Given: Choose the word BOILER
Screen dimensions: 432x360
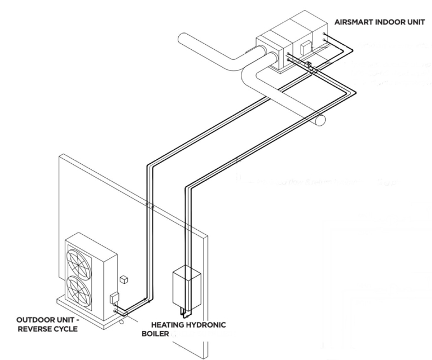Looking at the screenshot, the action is click(x=155, y=334).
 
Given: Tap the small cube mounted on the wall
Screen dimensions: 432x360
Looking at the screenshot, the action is click(x=124, y=280).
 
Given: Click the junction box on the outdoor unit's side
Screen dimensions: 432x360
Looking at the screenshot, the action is click(x=114, y=298).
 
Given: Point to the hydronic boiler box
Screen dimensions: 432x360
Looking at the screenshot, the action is click(x=187, y=287).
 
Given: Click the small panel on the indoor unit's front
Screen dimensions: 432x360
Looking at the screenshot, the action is click(x=305, y=47).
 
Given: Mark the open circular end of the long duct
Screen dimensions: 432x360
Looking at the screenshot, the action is click(x=320, y=120).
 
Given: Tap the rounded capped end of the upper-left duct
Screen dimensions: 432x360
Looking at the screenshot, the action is click(x=182, y=40).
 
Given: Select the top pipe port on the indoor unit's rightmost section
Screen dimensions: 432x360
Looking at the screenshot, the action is click(x=324, y=34).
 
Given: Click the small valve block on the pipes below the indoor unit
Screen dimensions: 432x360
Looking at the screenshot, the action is click(x=309, y=65).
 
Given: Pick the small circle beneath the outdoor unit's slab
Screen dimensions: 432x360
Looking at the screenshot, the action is click(x=122, y=322).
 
